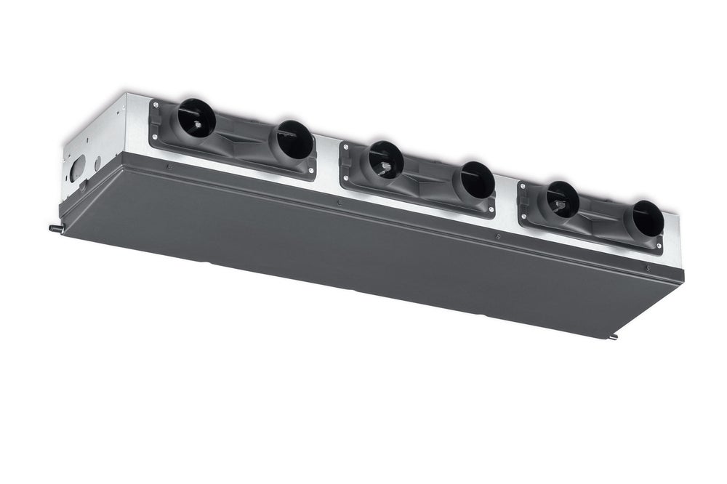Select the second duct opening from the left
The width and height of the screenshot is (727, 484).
(294, 140)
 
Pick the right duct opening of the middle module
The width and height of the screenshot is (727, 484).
(477, 180)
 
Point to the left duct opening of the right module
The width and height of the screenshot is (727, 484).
(562, 198)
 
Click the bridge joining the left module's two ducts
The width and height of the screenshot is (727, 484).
(244, 134)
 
